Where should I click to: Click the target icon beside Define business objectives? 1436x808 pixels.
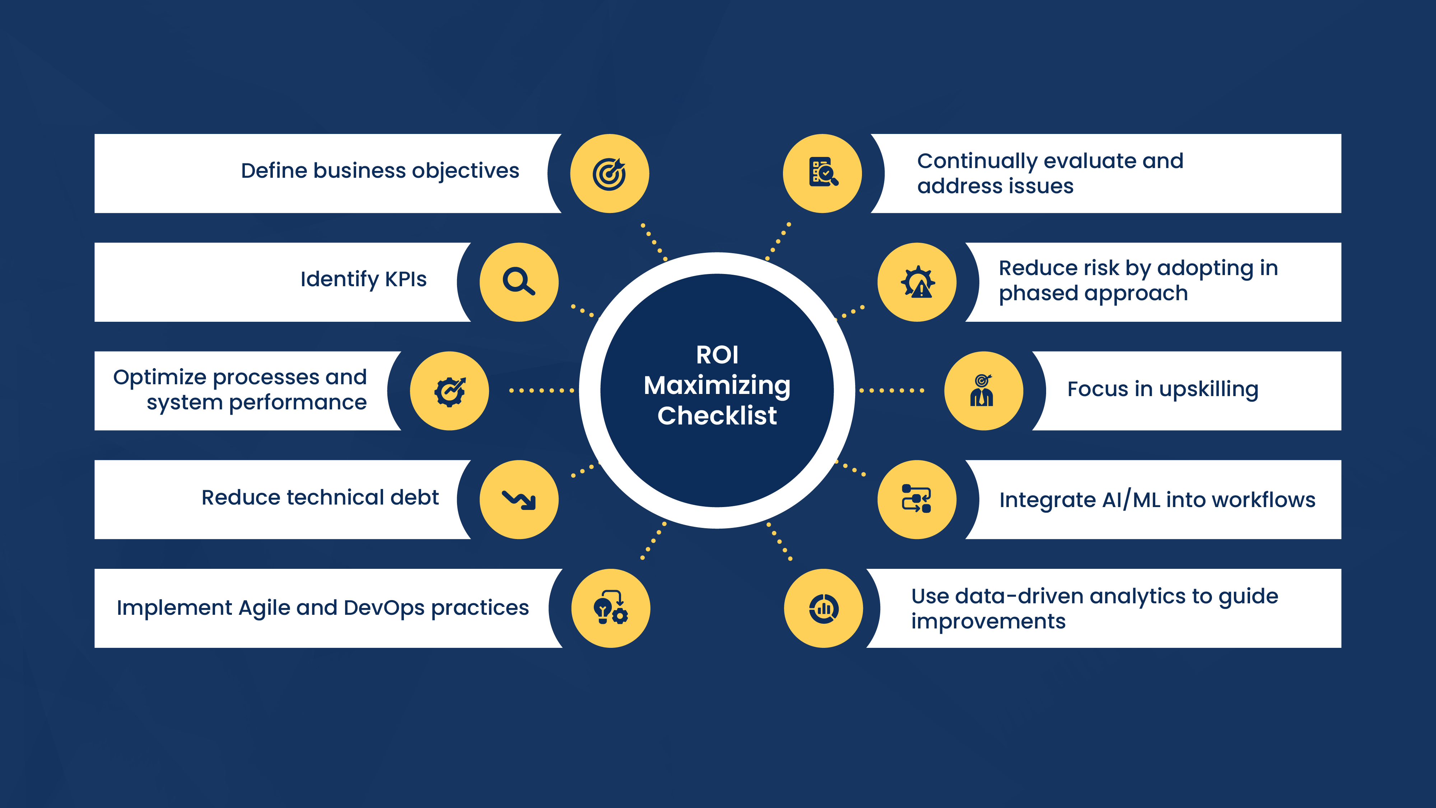point(609,173)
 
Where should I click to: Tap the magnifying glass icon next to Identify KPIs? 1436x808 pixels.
point(518,282)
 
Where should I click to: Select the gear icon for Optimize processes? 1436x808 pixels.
point(449,391)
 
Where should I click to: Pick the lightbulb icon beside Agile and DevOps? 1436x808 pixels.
point(610,608)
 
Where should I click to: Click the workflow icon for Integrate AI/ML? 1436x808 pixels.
point(917,498)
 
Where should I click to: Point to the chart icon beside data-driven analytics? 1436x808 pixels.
point(823,608)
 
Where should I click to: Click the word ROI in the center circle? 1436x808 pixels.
point(717,355)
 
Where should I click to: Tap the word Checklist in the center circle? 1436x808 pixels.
point(717,416)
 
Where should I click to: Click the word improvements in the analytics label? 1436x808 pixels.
point(988,621)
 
